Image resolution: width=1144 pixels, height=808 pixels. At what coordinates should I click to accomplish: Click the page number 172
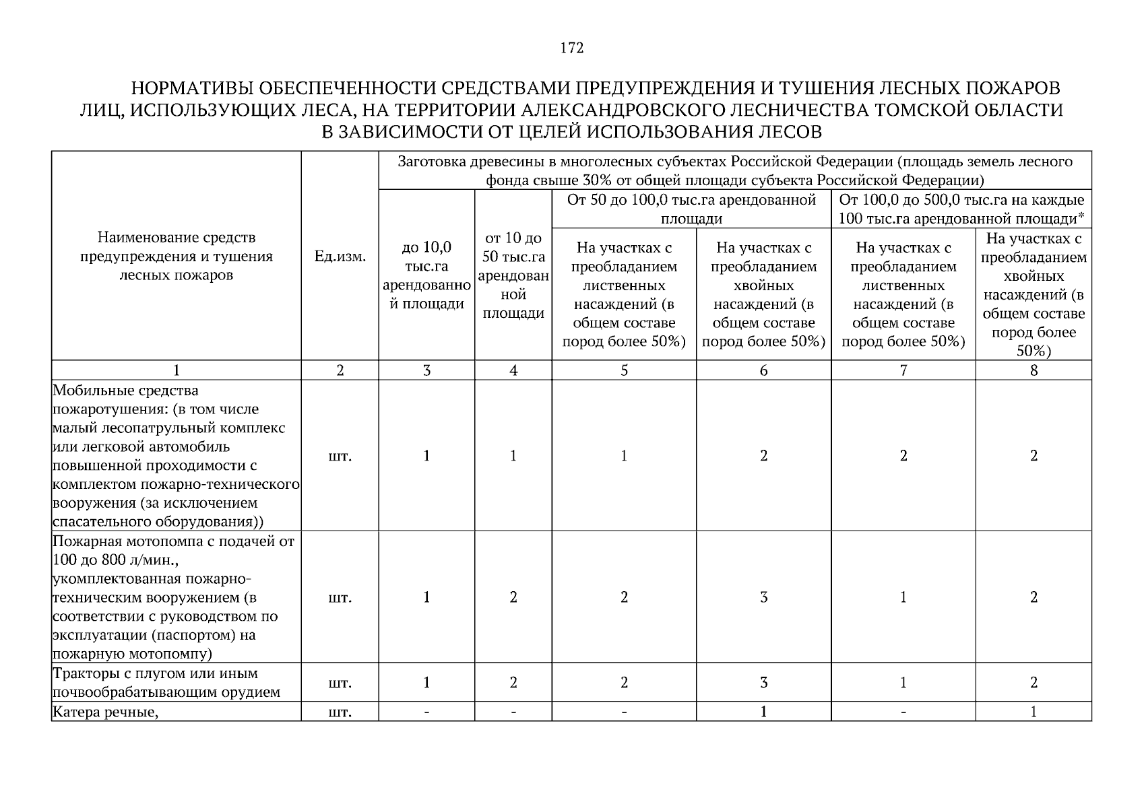click(x=571, y=48)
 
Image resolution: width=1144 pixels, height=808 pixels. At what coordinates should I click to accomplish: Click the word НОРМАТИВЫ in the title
click(x=191, y=89)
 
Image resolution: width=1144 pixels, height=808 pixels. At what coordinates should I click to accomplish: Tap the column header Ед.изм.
click(x=340, y=257)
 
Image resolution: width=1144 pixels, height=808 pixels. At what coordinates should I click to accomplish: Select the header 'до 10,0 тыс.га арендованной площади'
click(x=426, y=275)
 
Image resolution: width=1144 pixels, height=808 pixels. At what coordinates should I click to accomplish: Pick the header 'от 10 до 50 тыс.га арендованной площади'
click(x=513, y=275)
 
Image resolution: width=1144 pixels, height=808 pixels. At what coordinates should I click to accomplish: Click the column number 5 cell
click(x=624, y=370)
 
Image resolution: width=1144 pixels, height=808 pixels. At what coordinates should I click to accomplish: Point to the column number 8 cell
click(x=1034, y=370)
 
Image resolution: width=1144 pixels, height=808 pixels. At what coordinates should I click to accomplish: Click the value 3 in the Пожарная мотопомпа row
click(x=763, y=597)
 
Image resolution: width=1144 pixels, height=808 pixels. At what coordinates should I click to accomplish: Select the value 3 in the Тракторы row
click(x=763, y=683)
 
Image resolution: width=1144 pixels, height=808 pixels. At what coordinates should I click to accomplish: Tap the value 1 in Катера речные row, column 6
click(x=763, y=712)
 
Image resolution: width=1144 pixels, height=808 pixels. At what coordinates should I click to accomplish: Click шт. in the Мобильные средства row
click(x=340, y=457)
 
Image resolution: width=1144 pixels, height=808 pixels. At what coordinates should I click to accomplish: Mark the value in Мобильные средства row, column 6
click(x=763, y=456)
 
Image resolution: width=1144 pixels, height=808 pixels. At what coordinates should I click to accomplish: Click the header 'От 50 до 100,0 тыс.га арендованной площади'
click(x=691, y=209)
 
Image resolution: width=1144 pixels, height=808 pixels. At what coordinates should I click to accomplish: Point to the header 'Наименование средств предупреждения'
click(x=177, y=257)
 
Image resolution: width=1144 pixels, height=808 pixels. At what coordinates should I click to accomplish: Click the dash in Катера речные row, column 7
click(x=903, y=712)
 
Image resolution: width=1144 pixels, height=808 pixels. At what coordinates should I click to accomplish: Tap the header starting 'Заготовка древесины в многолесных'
click(x=734, y=170)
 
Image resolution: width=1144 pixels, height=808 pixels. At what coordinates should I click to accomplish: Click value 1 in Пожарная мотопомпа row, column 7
click(x=903, y=597)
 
